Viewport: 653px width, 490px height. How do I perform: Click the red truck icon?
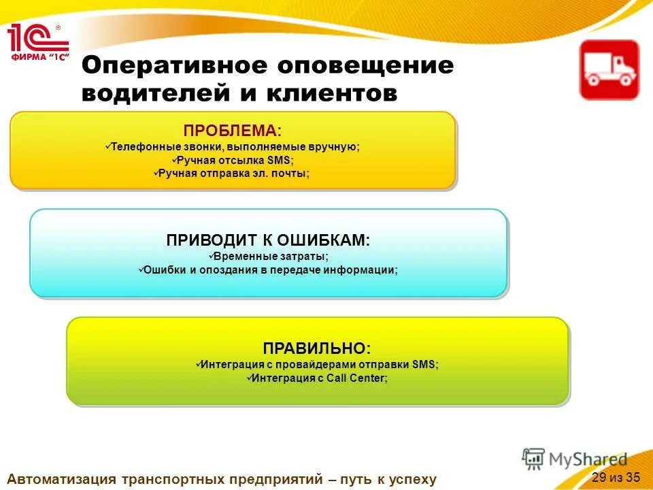pos(609,70)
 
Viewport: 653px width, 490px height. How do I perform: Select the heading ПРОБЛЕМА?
pos(232,130)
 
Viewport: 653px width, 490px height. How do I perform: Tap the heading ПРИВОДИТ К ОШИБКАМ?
pos(268,240)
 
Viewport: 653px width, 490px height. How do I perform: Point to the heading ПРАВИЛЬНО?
pos(317,348)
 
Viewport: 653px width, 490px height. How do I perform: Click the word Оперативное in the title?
pos(173,66)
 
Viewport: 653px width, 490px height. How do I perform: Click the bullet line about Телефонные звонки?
pos(232,146)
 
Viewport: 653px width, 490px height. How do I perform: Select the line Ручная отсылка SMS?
pos(232,160)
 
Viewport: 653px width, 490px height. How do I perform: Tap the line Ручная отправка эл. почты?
pos(232,174)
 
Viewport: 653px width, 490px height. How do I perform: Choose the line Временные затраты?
pos(268,257)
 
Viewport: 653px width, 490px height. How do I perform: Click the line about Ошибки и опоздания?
pos(268,270)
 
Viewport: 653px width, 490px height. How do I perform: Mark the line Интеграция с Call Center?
pos(317,378)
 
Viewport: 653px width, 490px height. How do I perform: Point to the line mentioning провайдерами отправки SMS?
pos(317,364)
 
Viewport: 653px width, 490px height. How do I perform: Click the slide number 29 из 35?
pos(616,476)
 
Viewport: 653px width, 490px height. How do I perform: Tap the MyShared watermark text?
pos(588,459)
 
